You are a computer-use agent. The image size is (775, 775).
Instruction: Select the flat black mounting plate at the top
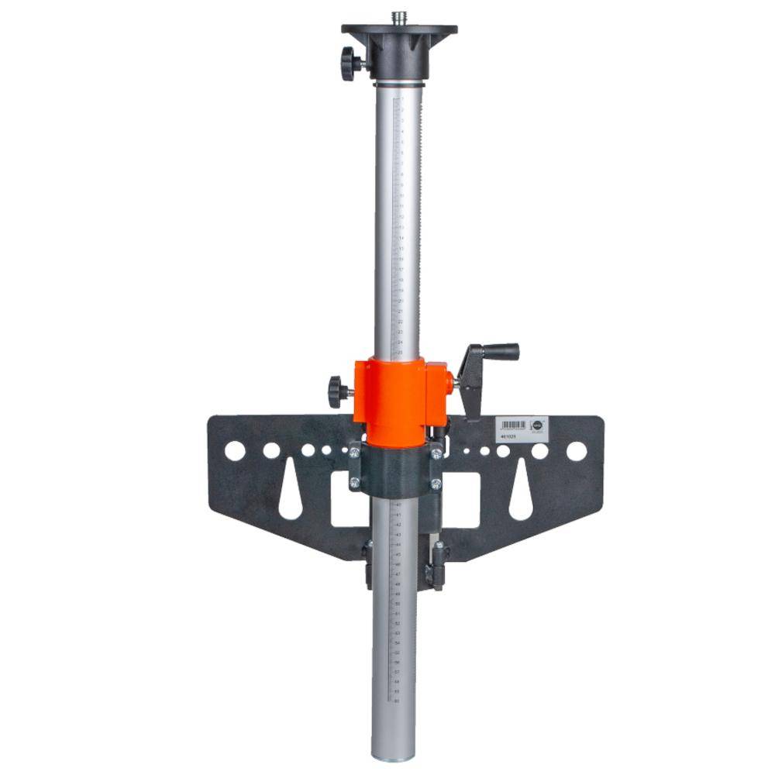[x=399, y=29]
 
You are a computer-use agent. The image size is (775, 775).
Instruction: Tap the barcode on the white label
[x=512, y=425]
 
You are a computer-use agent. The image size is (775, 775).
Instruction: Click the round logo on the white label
[x=535, y=424]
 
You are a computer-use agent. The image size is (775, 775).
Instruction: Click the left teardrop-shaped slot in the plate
[x=291, y=492]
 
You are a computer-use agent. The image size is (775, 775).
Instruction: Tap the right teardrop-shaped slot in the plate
[x=521, y=492]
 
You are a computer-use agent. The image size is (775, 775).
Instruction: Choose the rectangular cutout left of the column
[x=340, y=500]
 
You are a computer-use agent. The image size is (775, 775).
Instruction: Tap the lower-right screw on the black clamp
[x=436, y=484]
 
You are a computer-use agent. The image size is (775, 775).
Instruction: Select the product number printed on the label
[x=508, y=436]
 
